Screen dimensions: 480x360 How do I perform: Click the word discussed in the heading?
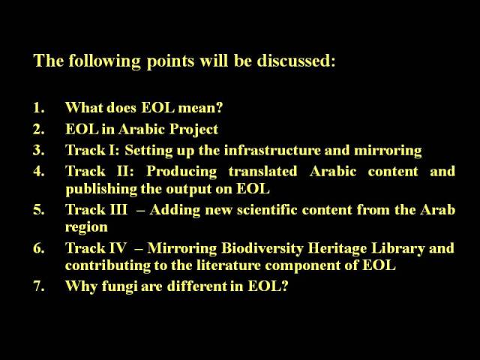pyautogui.click(x=296, y=60)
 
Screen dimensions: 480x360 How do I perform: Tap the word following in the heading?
pyautogui.click(x=104, y=61)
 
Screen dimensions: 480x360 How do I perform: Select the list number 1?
pyautogui.click(x=38, y=108)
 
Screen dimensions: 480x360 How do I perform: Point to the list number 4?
pyautogui.click(x=39, y=171)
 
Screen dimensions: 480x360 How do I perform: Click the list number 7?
pyautogui.click(x=39, y=286)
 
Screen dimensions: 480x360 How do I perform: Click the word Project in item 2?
pyautogui.click(x=193, y=130)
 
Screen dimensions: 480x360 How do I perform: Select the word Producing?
pyautogui.click(x=181, y=172)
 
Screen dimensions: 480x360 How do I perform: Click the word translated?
pyautogui.click(x=262, y=171)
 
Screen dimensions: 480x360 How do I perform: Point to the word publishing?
pyautogui.click(x=101, y=190)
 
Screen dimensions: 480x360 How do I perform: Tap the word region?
pyautogui.click(x=87, y=228)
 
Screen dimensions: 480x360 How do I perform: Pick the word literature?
pyautogui.click(x=229, y=265)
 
